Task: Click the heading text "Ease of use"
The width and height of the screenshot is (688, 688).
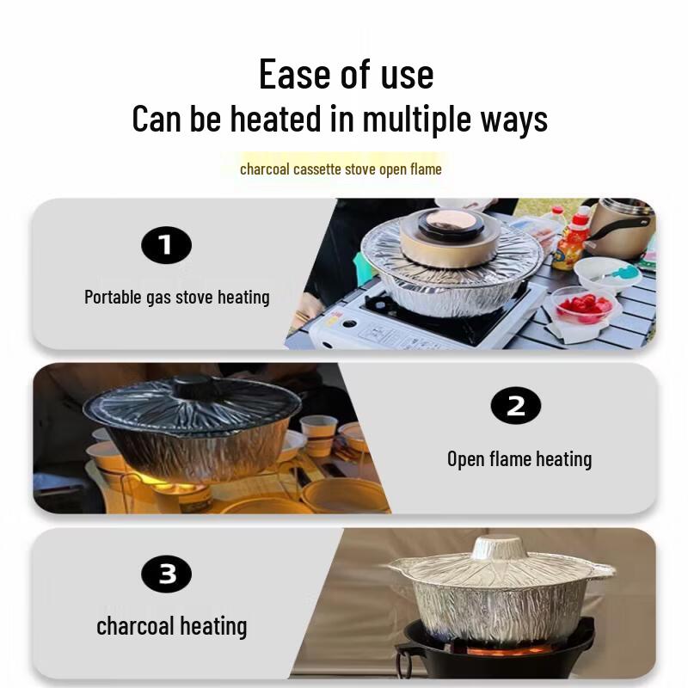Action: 347,74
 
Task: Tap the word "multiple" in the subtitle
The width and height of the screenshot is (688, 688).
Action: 418,120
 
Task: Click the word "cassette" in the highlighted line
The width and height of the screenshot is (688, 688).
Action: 317,169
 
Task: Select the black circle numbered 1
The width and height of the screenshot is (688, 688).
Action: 166,245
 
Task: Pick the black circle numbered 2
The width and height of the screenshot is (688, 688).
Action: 515,406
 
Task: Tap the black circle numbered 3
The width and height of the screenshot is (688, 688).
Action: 166,574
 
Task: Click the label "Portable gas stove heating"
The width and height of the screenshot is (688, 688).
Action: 177,298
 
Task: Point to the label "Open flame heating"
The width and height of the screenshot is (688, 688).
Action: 519,459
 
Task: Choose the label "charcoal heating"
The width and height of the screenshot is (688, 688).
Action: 171,626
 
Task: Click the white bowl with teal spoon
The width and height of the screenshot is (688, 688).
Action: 608,274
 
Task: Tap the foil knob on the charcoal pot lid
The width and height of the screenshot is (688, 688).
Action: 498,546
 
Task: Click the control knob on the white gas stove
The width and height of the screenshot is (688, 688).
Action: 349,324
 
